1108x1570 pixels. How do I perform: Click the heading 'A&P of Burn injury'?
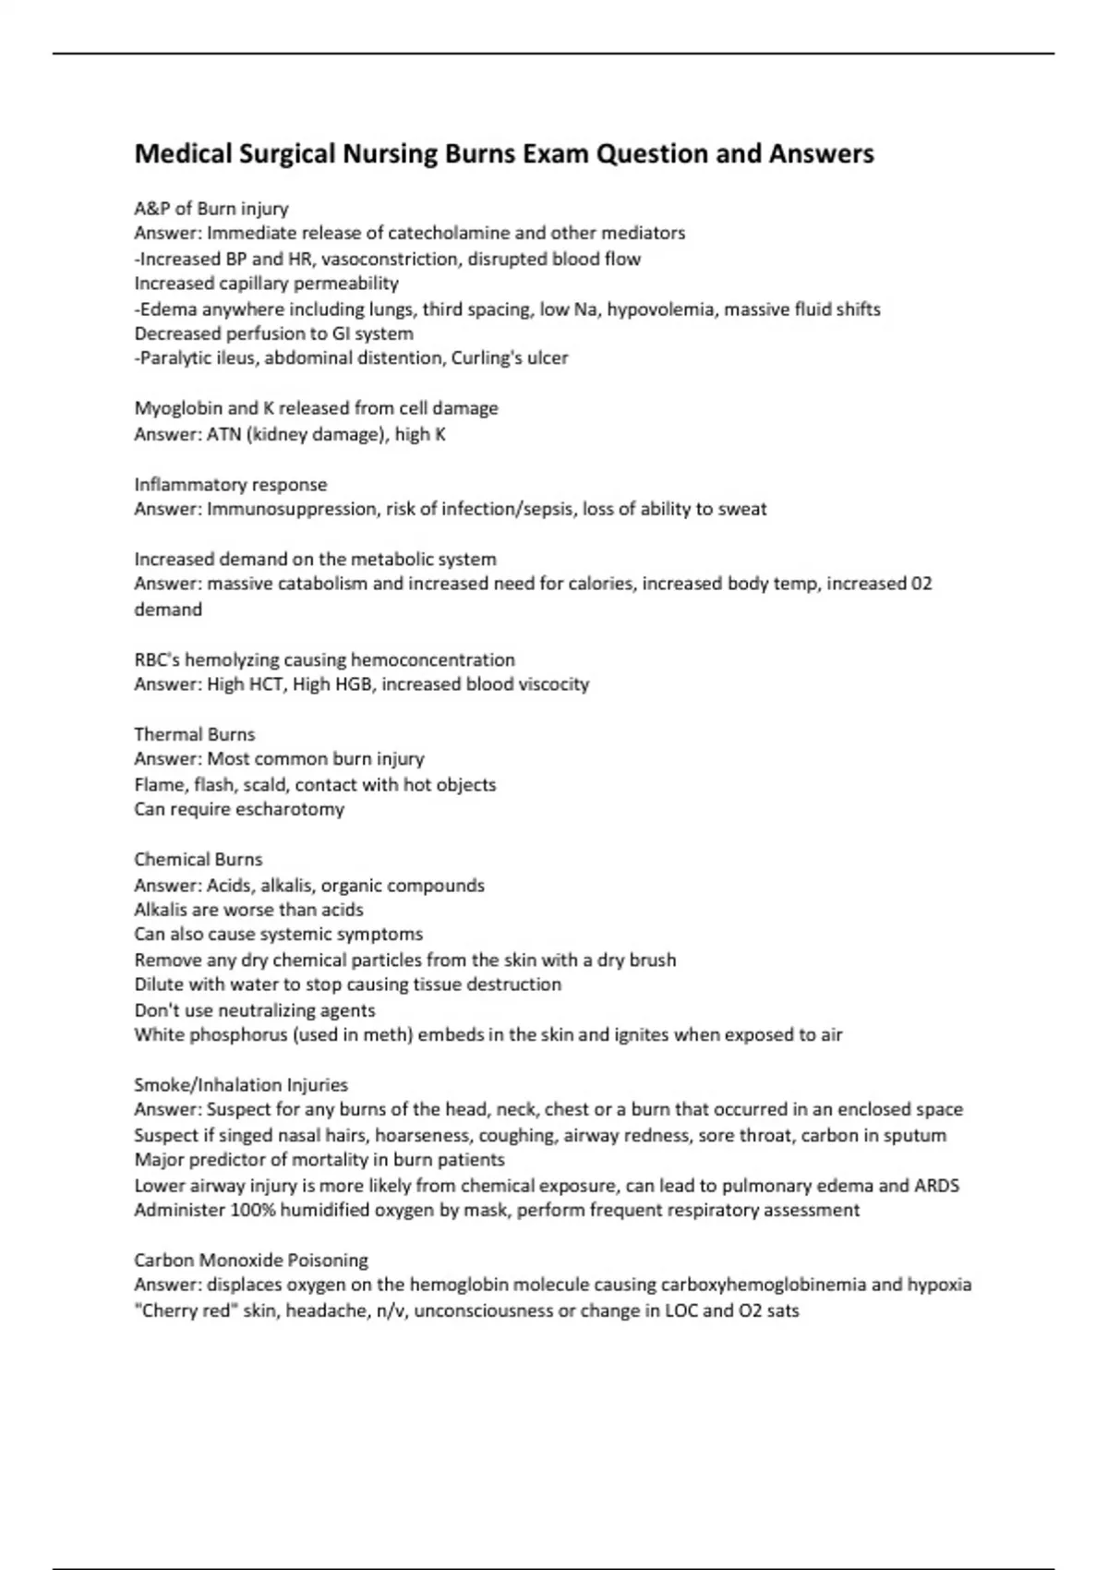point(211,209)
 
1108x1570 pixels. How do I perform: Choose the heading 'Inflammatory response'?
point(231,485)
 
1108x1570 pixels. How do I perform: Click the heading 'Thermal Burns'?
point(195,735)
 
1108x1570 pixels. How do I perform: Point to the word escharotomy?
point(290,810)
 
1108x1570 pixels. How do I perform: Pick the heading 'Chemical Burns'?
point(199,860)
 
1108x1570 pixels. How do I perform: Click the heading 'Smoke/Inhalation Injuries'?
point(241,1085)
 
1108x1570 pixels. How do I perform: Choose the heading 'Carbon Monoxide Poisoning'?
point(251,1261)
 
